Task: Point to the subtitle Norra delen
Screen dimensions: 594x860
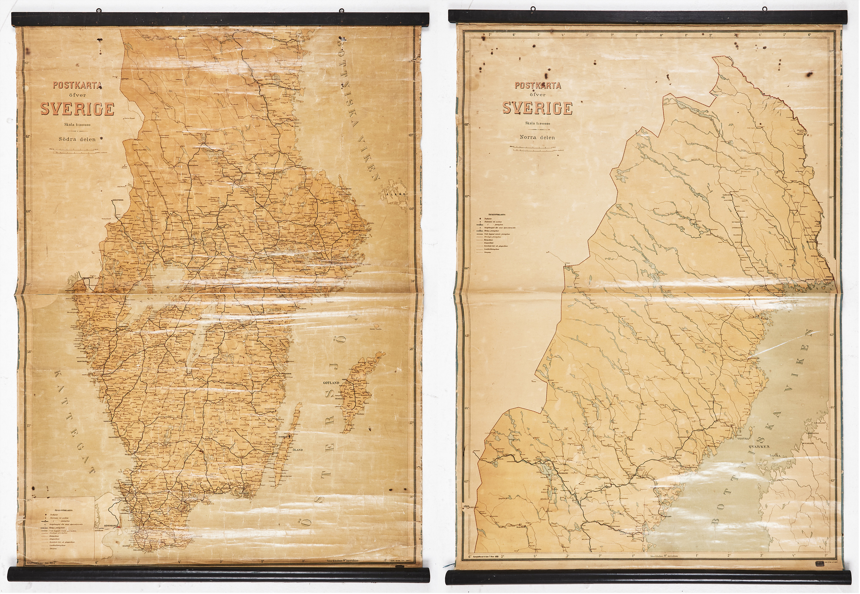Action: (x=538, y=137)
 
